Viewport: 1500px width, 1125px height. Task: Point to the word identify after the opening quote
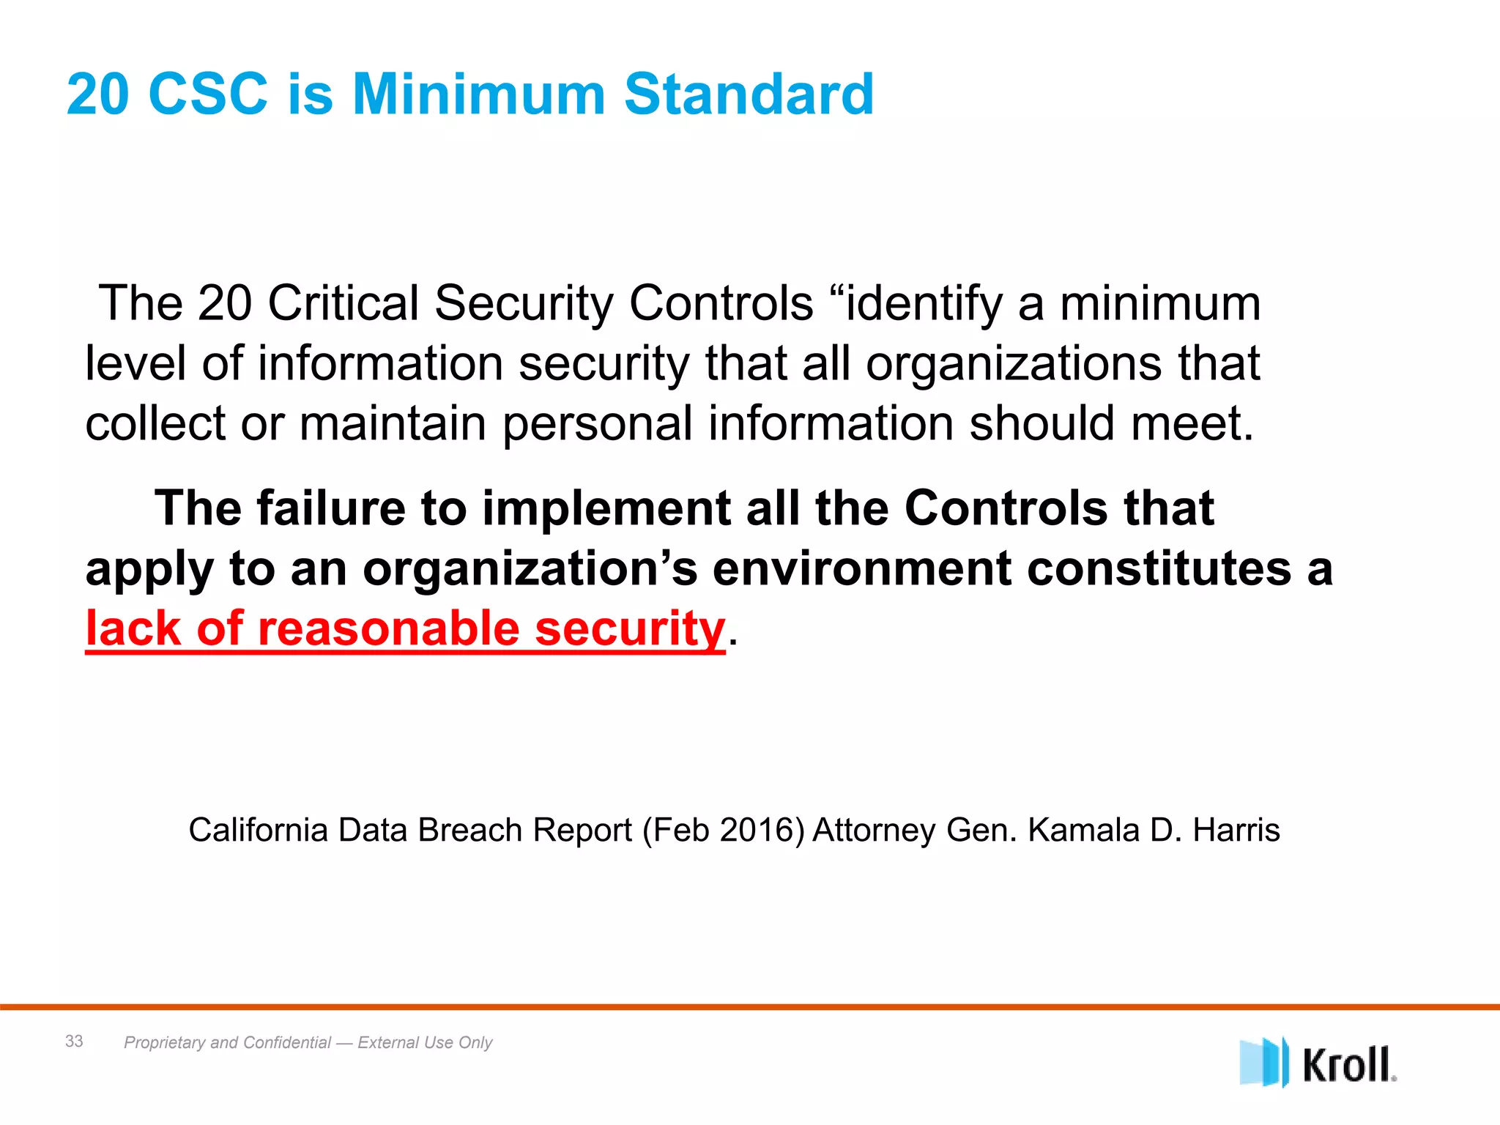(924, 304)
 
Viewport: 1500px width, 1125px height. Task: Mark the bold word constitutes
(1159, 568)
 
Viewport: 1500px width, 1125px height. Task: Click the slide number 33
(74, 1041)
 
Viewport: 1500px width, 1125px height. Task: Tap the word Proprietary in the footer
(165, 1043)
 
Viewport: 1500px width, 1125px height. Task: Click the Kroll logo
(1318, 1063)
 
